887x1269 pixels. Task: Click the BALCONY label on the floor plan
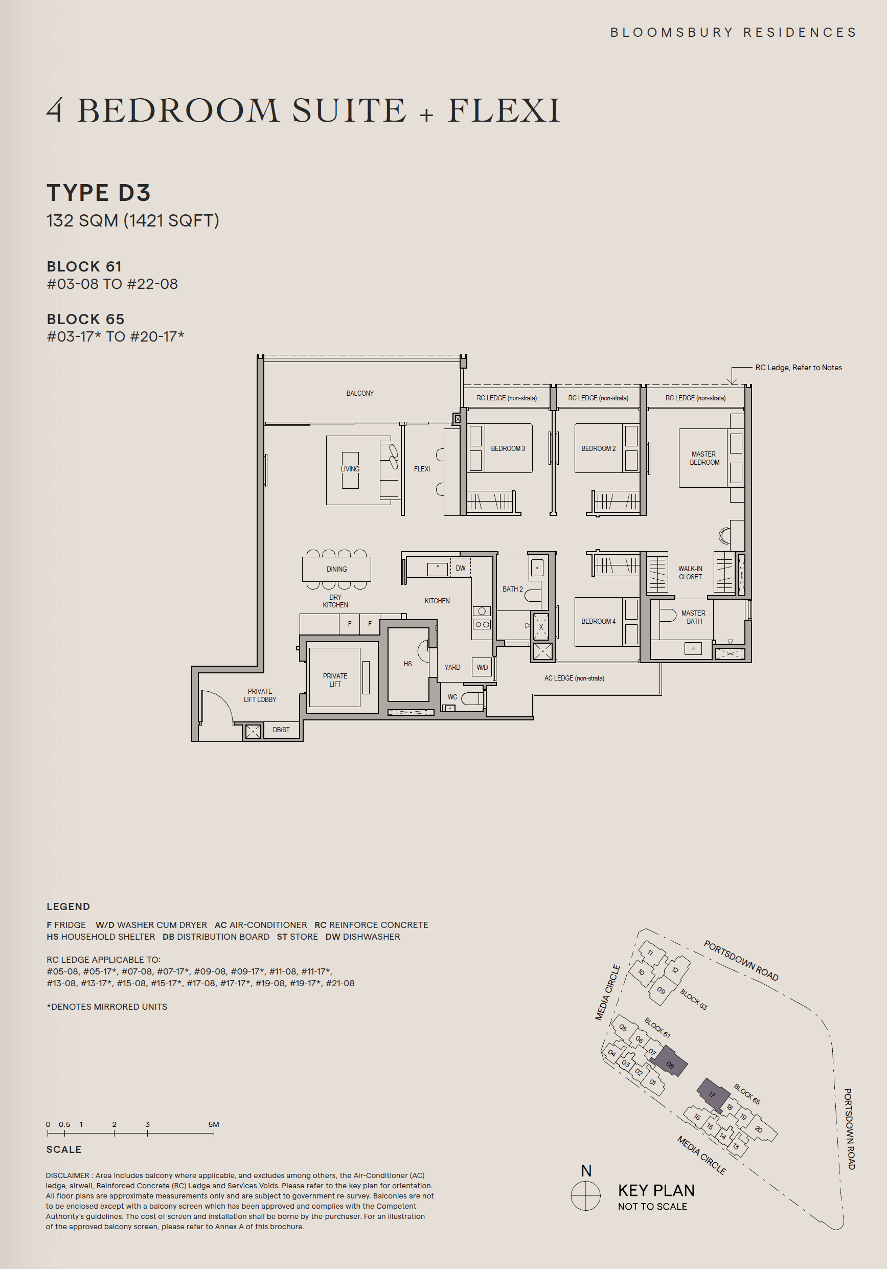(360, 394)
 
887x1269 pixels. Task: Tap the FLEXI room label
(422, 469)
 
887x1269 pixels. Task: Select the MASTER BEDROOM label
(704, 458)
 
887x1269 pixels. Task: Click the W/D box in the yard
(482, 667)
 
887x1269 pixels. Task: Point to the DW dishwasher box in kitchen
(460, 568)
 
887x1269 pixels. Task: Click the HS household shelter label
(408, 664)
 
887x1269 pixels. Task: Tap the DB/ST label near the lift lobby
(281, 730)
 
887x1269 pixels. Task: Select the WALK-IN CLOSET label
(690, 573)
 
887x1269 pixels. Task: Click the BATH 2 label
(512, 589)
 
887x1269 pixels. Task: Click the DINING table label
(336, 569)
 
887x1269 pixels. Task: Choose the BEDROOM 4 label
(598, 621)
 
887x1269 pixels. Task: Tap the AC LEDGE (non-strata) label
(574, 678)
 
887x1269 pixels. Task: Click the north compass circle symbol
(586, 1196)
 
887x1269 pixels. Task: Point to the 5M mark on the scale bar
(213, 1133)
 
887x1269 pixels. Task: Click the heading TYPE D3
(98, 193)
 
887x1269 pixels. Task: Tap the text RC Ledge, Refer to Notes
(798, 368)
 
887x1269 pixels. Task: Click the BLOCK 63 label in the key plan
(694, 999)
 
